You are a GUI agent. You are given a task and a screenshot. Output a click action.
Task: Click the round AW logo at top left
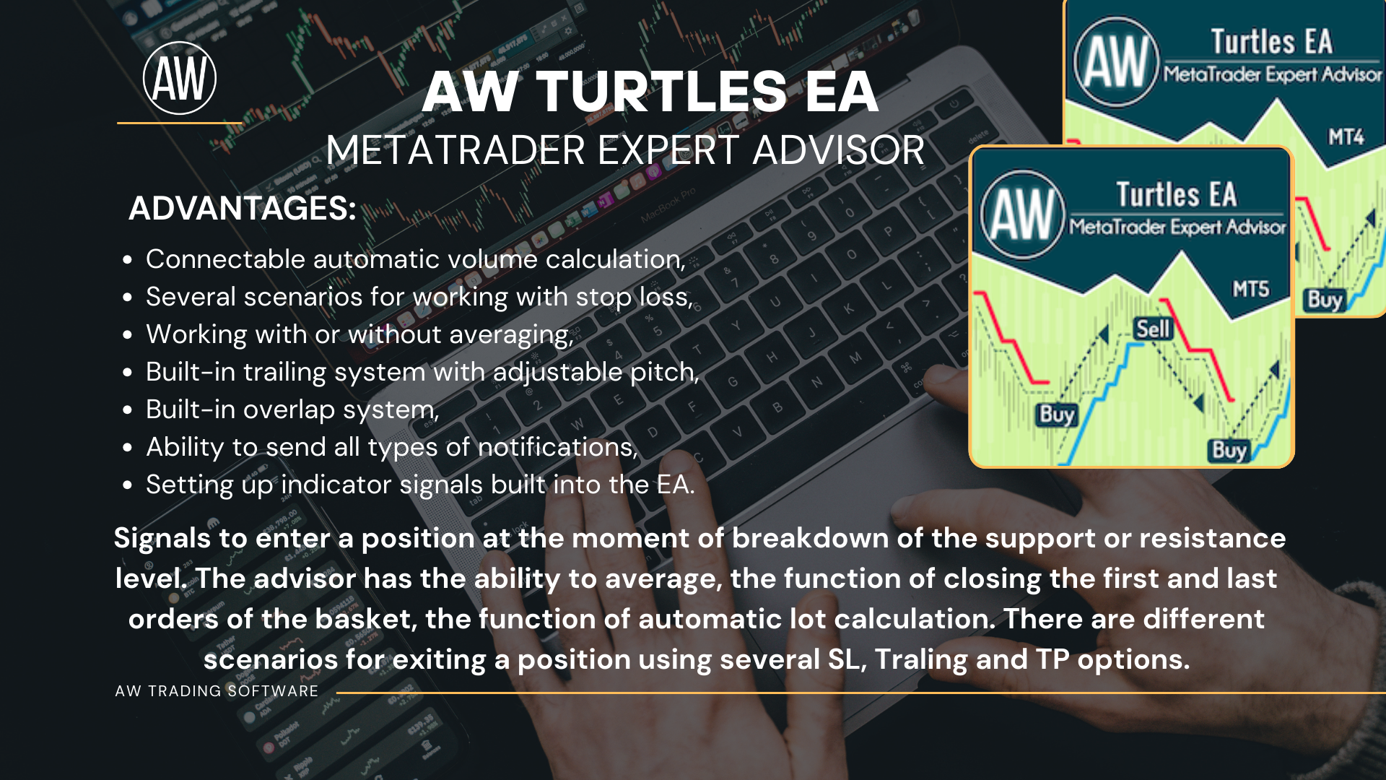click(180, 78)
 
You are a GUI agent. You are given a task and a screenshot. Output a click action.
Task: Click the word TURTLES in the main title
click(661, 92)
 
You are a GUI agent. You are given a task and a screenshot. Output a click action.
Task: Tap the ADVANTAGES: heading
click(243, 209)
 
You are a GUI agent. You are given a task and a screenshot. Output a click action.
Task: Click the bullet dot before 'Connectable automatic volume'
click(128, 260)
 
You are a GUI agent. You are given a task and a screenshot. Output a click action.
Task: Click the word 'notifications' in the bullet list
click(557, 447)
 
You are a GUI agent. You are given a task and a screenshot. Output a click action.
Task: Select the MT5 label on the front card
click(1251, 290)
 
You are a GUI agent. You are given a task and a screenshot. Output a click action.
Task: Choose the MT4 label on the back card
click(1346, 137)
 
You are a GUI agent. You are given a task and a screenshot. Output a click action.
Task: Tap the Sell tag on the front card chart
click(1153, 329)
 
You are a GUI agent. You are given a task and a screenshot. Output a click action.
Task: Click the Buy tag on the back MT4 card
click(1325, 300)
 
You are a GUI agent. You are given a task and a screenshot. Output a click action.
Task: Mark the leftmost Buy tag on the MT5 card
click(1057, 415)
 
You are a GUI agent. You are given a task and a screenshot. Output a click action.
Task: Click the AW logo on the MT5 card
click(1023, 214)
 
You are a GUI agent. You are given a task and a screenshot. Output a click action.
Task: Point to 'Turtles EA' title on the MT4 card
click(1271, 42)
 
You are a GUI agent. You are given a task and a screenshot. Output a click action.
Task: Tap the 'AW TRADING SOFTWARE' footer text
click(217, 691)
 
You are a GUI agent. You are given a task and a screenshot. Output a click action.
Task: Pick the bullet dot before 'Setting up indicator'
click(128, 485)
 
